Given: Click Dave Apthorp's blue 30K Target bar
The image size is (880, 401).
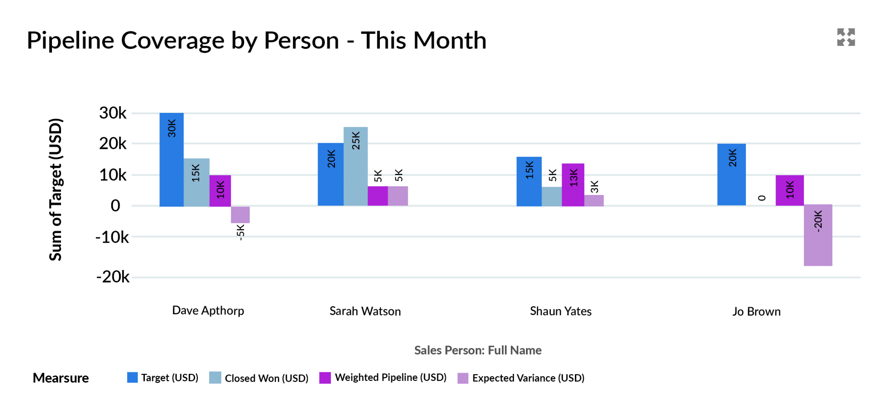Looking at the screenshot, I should coord(171,160).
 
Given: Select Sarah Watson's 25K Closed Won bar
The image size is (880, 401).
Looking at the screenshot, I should coord(355,166).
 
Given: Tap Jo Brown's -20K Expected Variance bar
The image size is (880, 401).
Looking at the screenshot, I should coord(818,235).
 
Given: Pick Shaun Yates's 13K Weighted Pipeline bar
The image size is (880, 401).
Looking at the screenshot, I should coord(573,185).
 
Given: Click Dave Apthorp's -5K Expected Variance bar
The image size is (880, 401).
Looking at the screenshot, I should coord(240,215).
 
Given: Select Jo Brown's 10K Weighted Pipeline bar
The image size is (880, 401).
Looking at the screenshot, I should coord(789,190).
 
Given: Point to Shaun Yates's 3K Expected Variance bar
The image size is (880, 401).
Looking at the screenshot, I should coord(594,200).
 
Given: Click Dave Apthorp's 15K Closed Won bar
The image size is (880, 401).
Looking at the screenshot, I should coord(196,182).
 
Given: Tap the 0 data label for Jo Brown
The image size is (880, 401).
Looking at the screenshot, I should coord(761,198).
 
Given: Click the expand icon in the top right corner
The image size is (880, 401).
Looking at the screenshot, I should coord(846,37).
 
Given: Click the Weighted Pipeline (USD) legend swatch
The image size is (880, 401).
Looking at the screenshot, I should coord(325,378).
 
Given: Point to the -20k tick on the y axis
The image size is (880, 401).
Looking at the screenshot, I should coord(113,277).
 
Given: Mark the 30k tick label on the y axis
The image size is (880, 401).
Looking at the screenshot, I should coord(113,113).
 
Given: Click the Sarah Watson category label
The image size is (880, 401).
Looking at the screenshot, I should coord(365,311).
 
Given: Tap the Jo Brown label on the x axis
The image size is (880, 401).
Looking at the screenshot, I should coord(756,312).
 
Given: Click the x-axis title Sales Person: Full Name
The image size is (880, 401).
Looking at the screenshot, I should coord(477,350).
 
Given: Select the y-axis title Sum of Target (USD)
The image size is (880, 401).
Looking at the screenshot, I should coord(56,189).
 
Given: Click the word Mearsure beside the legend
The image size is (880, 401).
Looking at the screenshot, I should coord(61,378).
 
